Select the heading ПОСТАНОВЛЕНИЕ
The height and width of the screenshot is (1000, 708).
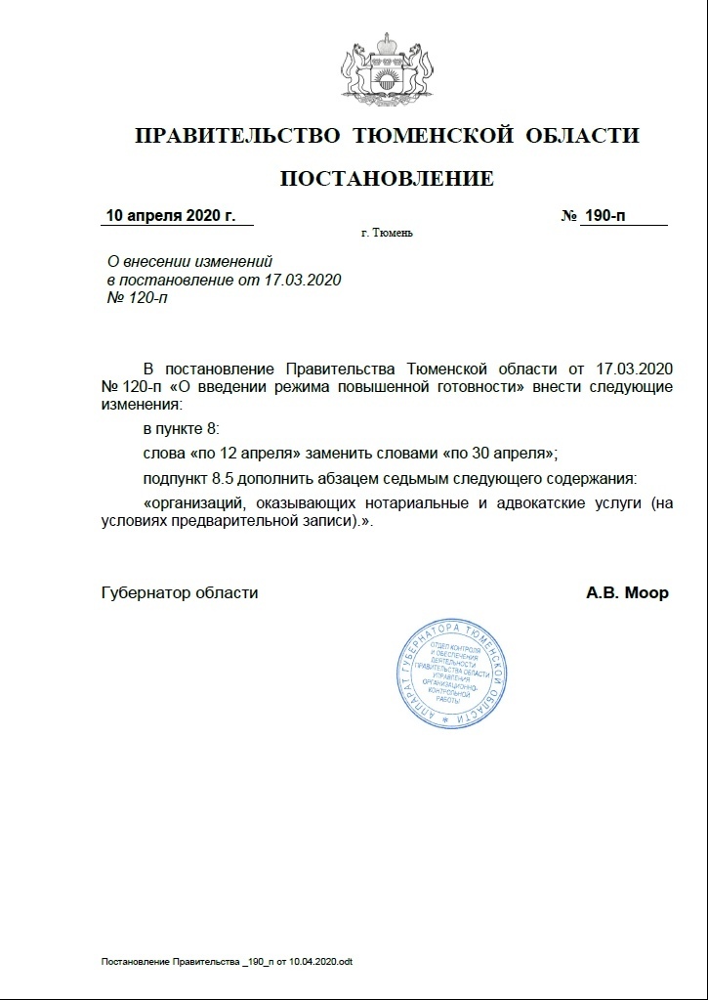tap(387, 178)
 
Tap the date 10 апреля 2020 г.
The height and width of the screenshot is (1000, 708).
tap(171, 215)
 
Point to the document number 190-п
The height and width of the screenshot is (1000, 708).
tap(604, 215)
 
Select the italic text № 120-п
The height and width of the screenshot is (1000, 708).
tap(136, 297)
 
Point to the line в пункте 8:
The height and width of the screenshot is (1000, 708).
tap(182, 429)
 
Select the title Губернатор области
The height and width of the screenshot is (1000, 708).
tap(180, 592)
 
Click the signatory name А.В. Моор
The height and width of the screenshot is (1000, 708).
tap(627, 592)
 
